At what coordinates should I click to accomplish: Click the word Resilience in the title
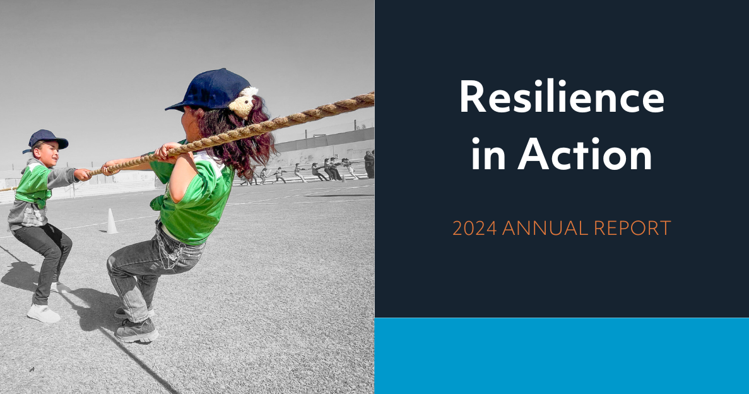[x=562, y=98]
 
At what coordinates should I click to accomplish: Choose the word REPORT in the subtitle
[x=639, y=228]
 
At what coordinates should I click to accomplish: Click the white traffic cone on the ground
[x=111, y=222]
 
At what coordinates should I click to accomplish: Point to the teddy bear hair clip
[x=242, y=102]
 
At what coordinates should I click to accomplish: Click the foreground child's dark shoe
[x=136, y=330]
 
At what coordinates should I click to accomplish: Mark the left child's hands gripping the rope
[x=82, y=174]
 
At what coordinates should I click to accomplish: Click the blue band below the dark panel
[x=562, y=355]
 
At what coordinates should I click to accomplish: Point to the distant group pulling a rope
[x=303, y=172]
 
